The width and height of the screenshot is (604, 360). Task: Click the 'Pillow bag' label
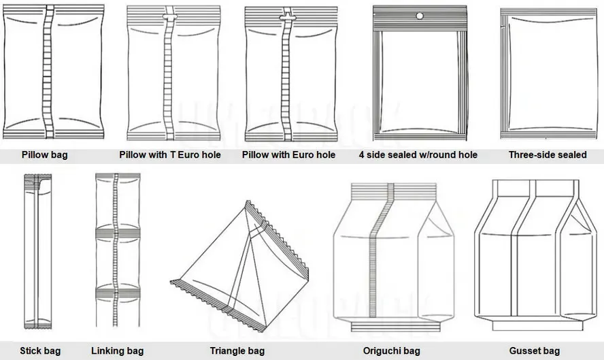44,155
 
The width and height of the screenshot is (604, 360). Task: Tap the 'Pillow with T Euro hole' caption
170,155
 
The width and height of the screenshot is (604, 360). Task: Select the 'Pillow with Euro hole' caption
288,155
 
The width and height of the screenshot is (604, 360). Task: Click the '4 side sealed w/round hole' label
418,155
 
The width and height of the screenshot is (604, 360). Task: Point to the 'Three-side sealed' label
548,155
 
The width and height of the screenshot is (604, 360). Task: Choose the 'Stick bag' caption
40,351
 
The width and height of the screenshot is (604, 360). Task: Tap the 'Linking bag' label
118,351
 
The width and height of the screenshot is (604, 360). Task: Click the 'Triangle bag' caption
237,351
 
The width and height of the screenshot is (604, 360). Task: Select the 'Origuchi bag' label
391,351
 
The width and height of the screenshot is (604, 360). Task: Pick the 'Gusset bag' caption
534,351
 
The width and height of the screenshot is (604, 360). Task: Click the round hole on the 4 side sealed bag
420,16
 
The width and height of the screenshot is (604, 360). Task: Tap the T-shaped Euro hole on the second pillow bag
170,17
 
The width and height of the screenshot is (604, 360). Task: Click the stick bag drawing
38,251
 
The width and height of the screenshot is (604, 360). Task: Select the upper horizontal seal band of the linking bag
118,233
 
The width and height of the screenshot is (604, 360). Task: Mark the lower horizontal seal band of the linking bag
118,293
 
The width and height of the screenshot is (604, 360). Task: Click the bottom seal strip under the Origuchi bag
396,327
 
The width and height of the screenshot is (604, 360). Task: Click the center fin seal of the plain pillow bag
48,71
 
